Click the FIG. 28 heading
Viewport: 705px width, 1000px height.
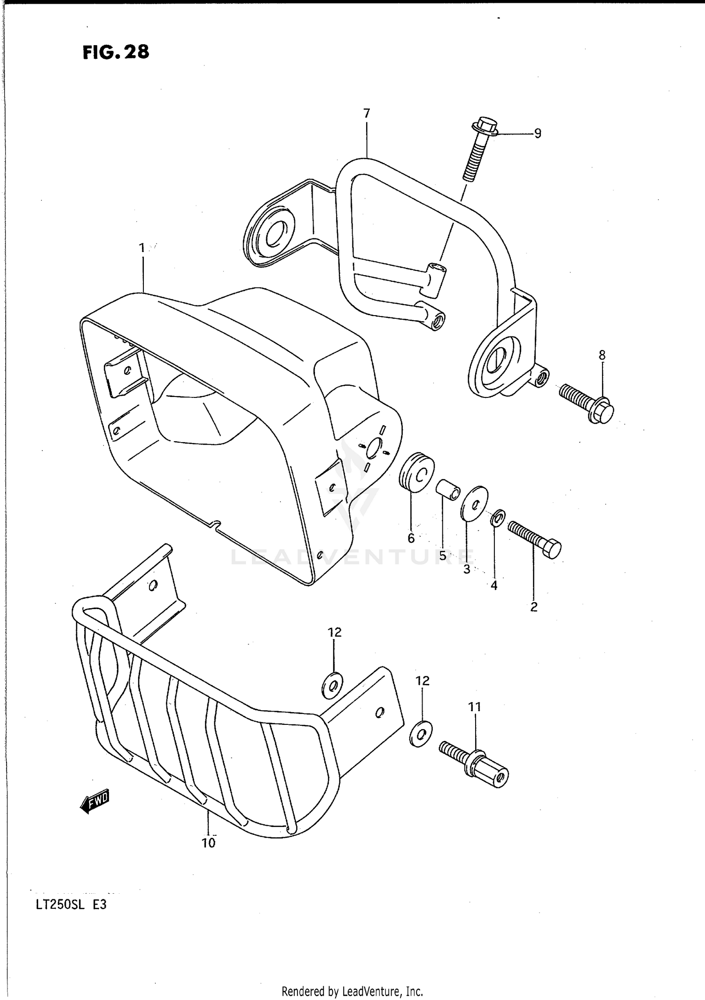[x=116, y=52]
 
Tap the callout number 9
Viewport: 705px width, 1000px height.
[x=538, y=134]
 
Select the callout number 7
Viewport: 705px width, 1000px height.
[x=367, y=113]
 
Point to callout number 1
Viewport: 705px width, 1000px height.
[x=142, y=248]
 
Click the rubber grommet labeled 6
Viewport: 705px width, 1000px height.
[x=416, y=472]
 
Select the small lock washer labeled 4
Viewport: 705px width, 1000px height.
[x=498, y=518]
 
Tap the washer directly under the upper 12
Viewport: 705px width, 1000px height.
[x=332, y=686]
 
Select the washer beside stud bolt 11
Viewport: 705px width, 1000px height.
[x=422, y=733]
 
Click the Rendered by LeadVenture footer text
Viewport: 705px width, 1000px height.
[x=352, y=992]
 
